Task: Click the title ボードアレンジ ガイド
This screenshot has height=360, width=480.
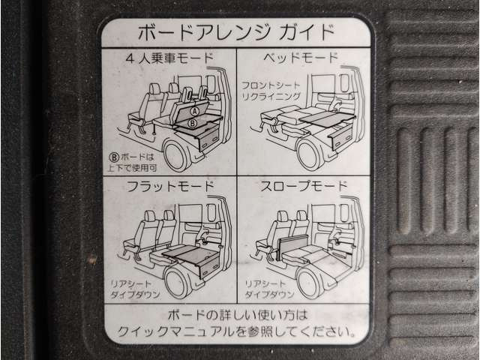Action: click(x=235, y=31)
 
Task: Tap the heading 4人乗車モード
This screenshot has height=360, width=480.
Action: click(x=169, y=58)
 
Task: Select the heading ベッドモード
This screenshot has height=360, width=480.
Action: click(x=301, y=57)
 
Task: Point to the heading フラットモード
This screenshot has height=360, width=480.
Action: click(x=170, y=186)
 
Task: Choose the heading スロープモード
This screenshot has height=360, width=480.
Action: click(x=304, y=186)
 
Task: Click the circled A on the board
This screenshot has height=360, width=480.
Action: click(x=194, y=112)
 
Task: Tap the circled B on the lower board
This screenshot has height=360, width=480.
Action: click(x=192, y=123)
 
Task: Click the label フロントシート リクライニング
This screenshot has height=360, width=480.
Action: click(x=271, y=91)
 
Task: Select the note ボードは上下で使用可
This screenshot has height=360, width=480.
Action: click(x=132, y=163)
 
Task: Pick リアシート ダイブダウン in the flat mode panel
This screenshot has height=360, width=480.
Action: click(x=135, y=289)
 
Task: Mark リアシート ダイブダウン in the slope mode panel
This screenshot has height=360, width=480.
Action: click(x=269, y=289)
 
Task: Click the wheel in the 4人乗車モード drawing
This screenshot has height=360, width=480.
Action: click(x=176, y=157)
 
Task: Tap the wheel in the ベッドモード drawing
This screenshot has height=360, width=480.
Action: click(x=308, y=156)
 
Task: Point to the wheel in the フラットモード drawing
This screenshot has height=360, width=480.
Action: click(x=177, y=283)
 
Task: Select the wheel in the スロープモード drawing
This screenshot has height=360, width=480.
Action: click(x=309, y=283)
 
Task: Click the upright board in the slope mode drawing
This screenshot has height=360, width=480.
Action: click(x=292, y=246)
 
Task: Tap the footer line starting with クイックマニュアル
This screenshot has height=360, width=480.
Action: click(x=236, y=331)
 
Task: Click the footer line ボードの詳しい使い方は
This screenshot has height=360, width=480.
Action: click(x=237, y=315)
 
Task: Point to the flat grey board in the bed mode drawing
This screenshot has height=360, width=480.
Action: click(x=327, y=119)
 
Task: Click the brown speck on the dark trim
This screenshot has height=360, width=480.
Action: click(x=91, y=259)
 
